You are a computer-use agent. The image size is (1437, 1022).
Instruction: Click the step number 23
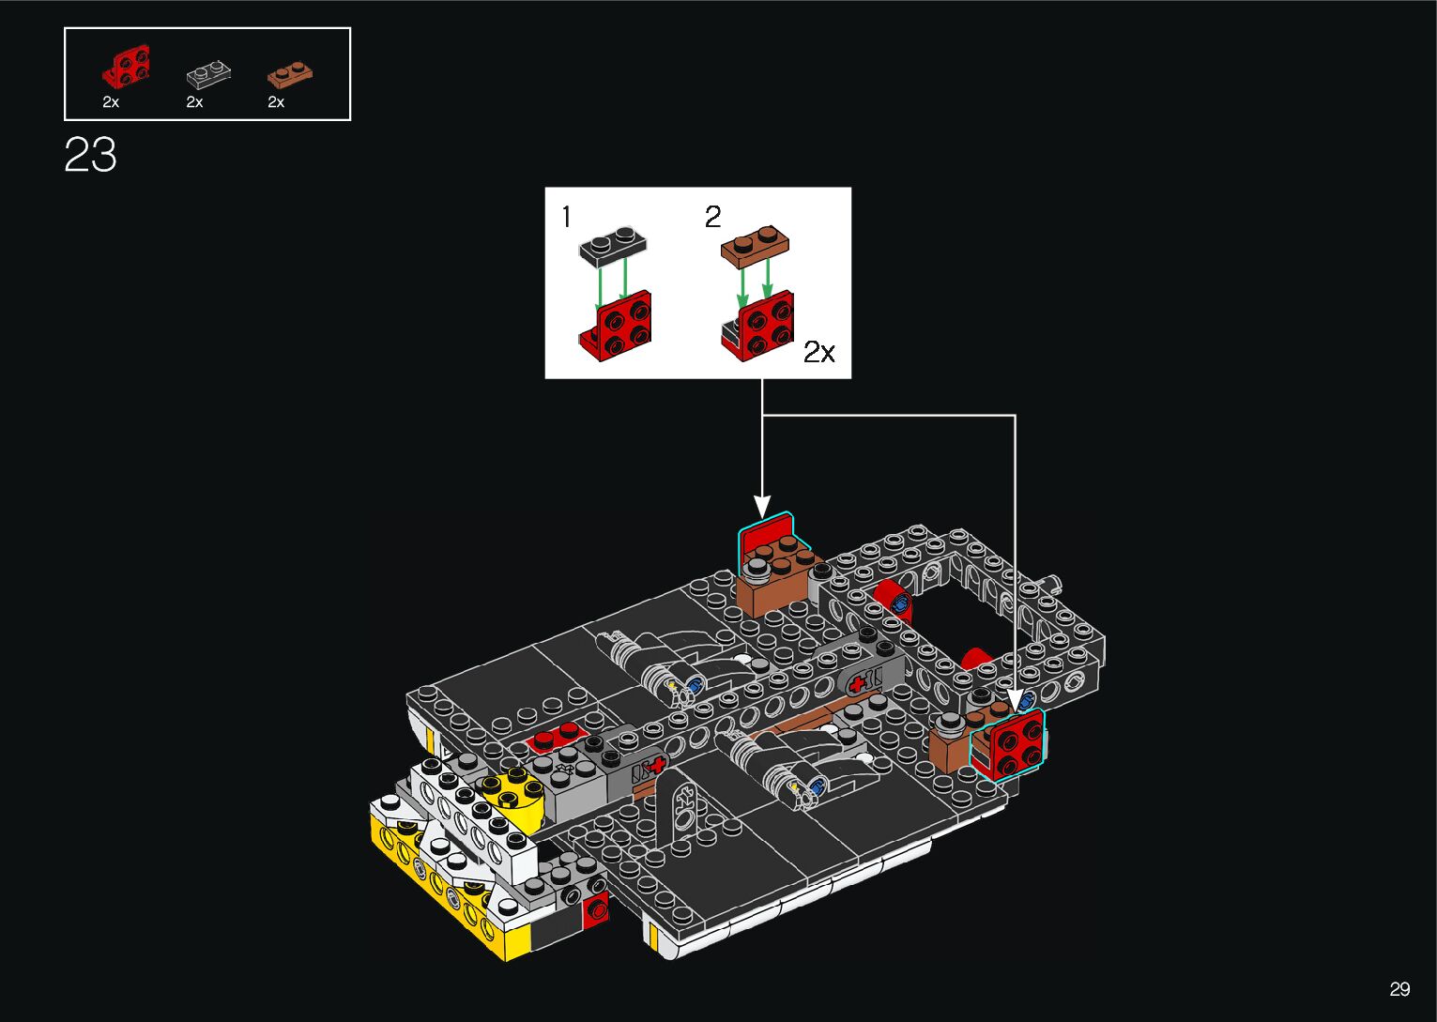pyautogui.click(x=90, y=155)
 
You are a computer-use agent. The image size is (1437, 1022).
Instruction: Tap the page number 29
pyautogui.click(x=1399, y=988)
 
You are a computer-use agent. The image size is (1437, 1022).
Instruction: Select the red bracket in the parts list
pyautogui.click(x=127, y=66)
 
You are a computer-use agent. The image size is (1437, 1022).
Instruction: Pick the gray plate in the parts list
pyautogui.click(x=208, y=74)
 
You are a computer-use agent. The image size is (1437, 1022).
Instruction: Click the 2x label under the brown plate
pyautogui.click(x=276, y=102)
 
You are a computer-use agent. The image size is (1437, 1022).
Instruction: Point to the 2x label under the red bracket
pyautogui.click(x=111, y=102)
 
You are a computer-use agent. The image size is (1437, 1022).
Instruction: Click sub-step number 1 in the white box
pyautogui.click(x=566, y=217)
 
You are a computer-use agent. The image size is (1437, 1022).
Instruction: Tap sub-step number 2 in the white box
pyautogui.click(x=712, y=217)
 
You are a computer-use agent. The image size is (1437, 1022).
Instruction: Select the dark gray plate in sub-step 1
pyautogui.click(x=613, y=247)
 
